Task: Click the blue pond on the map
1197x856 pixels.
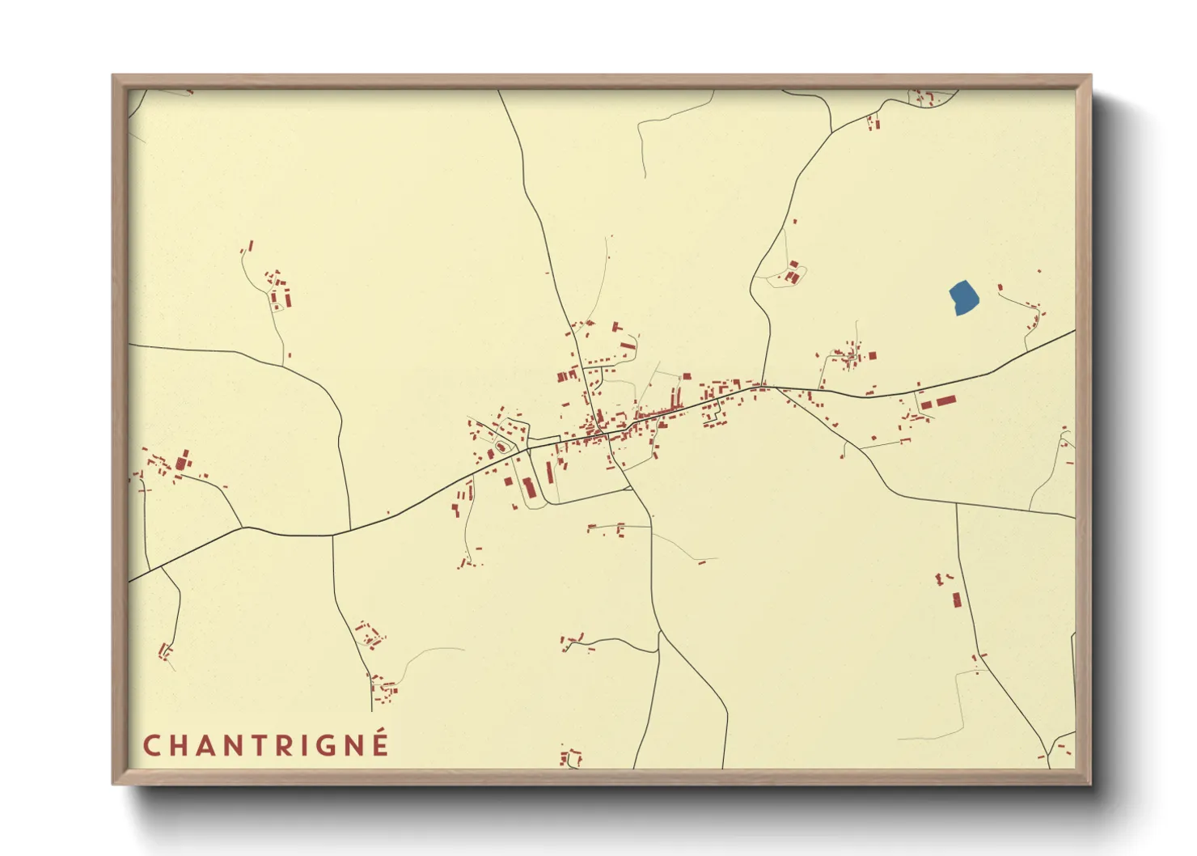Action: tap(962, 297)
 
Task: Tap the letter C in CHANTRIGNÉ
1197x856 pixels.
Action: tap(151, 745)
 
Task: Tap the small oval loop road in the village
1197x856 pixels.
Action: tap(501, 447)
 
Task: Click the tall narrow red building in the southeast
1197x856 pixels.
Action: tap(957, 600)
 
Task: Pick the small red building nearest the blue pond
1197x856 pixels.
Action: tap(1000, 287)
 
